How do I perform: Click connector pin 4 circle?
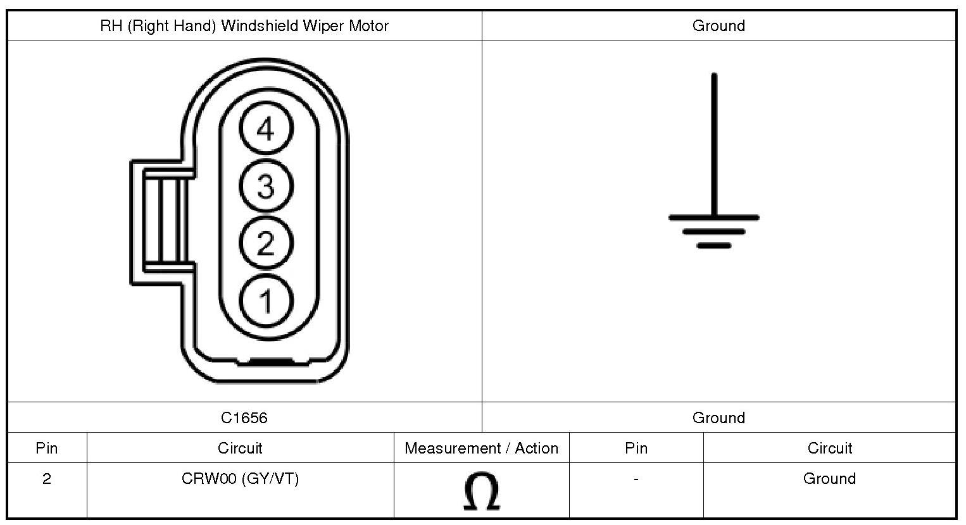tap(266, 129)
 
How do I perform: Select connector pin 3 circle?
tap(266, 186)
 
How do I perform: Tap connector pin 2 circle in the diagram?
tap(266, 243)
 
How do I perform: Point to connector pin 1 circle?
tap(266, 300)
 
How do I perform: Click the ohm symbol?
tap(481, 492)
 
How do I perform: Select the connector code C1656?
tap(244, 417)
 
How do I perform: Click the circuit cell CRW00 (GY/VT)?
tap(240, 479)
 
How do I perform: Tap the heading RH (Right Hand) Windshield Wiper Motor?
tap(244, 26)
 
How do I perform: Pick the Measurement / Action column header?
tap(481, 448)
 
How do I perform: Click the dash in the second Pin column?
tap(636, 479)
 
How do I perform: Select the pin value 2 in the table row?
tap(47, 479)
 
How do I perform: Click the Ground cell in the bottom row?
tap(829, 479)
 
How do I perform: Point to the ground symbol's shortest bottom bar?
tap(714, 245)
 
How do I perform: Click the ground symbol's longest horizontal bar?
tap(714, 218)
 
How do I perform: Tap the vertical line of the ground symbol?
tap(714, 145)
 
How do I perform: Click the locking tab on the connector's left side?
tap(161, 220)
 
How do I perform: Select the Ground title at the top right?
tap(718, 26)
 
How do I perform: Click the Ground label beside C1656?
tap(718, 417)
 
